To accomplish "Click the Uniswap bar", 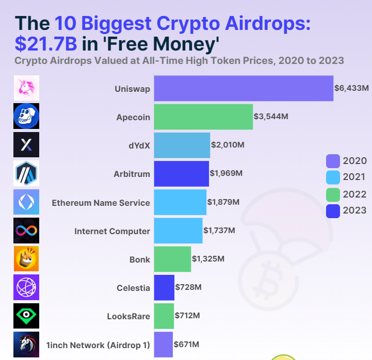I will [244, 88].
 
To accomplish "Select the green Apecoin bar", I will [203, 117].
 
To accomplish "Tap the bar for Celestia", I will [164, 287].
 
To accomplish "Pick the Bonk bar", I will [172, 259].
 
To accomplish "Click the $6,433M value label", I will [351, 88].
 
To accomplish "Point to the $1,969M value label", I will [225, 173].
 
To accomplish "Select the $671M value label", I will [187, 344].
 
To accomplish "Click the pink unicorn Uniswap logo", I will [26, 88].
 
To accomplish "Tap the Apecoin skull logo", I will [26, 116].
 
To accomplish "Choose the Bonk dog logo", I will [26, 258].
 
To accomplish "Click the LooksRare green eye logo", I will [26, 316].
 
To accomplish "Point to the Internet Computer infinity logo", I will [26, 230].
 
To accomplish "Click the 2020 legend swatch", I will [333, 161].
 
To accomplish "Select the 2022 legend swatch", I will [333, 194].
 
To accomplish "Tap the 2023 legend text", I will [354, 210].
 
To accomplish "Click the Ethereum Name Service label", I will [101, 203].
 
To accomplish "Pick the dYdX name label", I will [139, 145].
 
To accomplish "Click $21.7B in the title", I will [46, 44].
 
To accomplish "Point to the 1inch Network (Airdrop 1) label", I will [98, 345].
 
